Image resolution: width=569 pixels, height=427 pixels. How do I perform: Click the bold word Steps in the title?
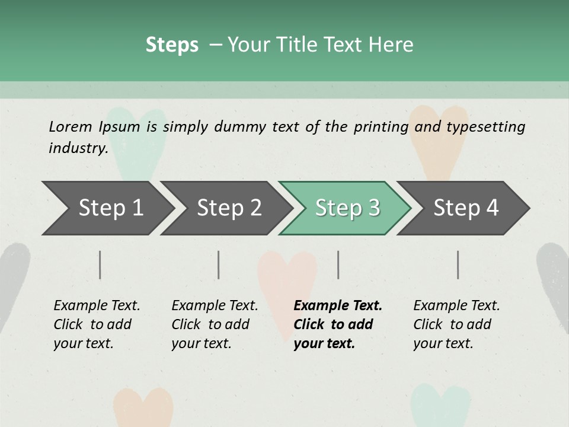172,44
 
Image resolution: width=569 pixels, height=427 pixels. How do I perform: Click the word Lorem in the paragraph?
71,126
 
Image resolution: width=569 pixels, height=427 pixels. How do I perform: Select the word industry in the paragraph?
78,148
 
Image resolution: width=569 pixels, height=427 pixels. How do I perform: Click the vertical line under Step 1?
100,265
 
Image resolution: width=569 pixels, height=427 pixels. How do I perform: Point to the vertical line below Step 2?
219,265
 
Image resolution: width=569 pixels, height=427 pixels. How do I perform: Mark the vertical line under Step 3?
338,265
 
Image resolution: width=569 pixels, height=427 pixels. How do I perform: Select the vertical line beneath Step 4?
458,265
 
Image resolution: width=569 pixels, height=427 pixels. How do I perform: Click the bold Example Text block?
337,324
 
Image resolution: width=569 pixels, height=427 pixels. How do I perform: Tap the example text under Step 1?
96,324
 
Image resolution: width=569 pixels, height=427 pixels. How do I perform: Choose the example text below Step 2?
214,324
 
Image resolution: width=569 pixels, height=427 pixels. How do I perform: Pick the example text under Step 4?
456,324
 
